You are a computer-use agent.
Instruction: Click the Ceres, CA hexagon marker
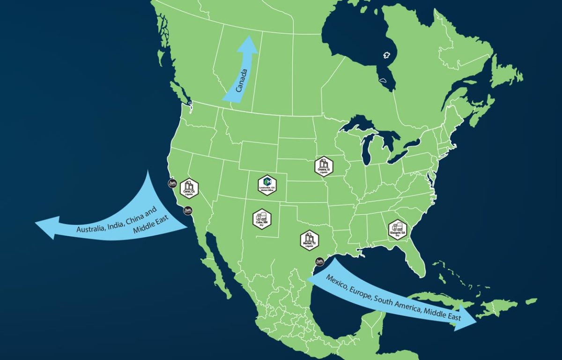coord(189,188)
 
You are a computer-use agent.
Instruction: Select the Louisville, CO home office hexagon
coord(267,185)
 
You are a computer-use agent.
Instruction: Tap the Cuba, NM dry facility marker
coord(262,219)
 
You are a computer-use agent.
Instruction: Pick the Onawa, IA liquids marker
coord(324,166)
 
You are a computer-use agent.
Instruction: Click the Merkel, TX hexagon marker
coord(310,240)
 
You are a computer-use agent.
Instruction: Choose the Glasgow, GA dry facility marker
coord(397,230)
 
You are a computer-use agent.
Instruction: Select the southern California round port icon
coord(187,211)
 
